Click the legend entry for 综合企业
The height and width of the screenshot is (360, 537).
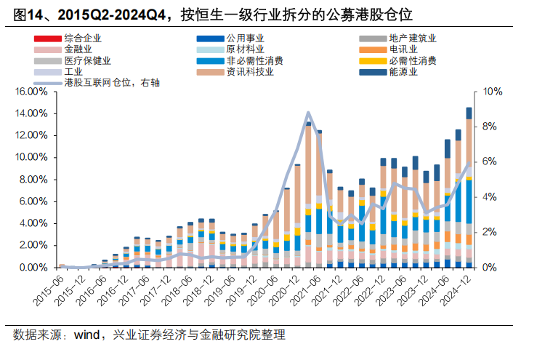pos(82,38)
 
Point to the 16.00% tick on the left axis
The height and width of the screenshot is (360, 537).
pos(31,92)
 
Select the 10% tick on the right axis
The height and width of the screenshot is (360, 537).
pos(492,92)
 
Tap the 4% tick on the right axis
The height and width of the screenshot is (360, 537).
pos(490,197)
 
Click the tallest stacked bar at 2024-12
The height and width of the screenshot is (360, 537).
pos(469,189)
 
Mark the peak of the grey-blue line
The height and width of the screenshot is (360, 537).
pos(308,113)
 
